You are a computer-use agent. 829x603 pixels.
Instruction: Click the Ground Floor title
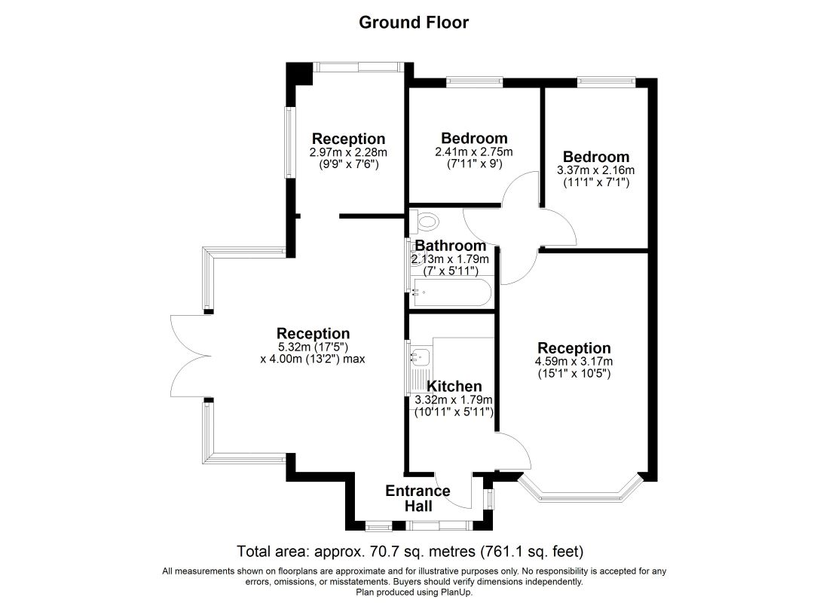pos(414,22)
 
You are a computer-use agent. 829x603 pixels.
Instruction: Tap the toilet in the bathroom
pos(424,221)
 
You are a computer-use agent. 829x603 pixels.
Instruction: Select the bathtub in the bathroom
pos(452,292)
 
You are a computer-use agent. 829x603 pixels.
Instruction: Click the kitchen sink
pos(421,357)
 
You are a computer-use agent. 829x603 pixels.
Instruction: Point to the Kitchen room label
pos(454,386)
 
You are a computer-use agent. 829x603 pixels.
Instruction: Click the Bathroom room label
pos(451,246)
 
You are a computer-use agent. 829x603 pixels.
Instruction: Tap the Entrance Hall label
pos(418,498)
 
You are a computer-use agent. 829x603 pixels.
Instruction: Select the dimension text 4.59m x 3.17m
pos(574,362)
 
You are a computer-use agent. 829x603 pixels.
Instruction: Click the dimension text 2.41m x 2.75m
pos(474,152)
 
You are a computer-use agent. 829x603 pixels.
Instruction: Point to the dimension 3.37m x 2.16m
pos(596,170)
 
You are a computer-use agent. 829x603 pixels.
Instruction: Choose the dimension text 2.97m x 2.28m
pos(348,152)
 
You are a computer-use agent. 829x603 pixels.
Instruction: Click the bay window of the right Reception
pos(580,490)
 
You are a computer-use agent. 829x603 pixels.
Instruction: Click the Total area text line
pos(410,552)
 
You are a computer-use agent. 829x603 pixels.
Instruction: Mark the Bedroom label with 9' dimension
pos(474,138)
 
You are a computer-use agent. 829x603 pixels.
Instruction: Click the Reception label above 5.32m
pos(313,334)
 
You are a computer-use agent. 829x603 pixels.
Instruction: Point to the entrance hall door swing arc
pos(453,489)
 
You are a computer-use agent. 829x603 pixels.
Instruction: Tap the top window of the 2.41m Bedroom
pos(474,82)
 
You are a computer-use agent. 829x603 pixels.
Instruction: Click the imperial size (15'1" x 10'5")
pos(574,373)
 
